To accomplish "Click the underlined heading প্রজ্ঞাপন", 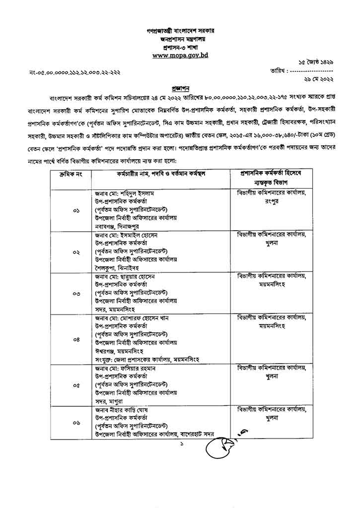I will point(180,84).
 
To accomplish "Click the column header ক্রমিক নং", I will point(73,174).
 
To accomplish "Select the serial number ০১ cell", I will point(76,211).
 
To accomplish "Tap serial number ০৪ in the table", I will point(76,339).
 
